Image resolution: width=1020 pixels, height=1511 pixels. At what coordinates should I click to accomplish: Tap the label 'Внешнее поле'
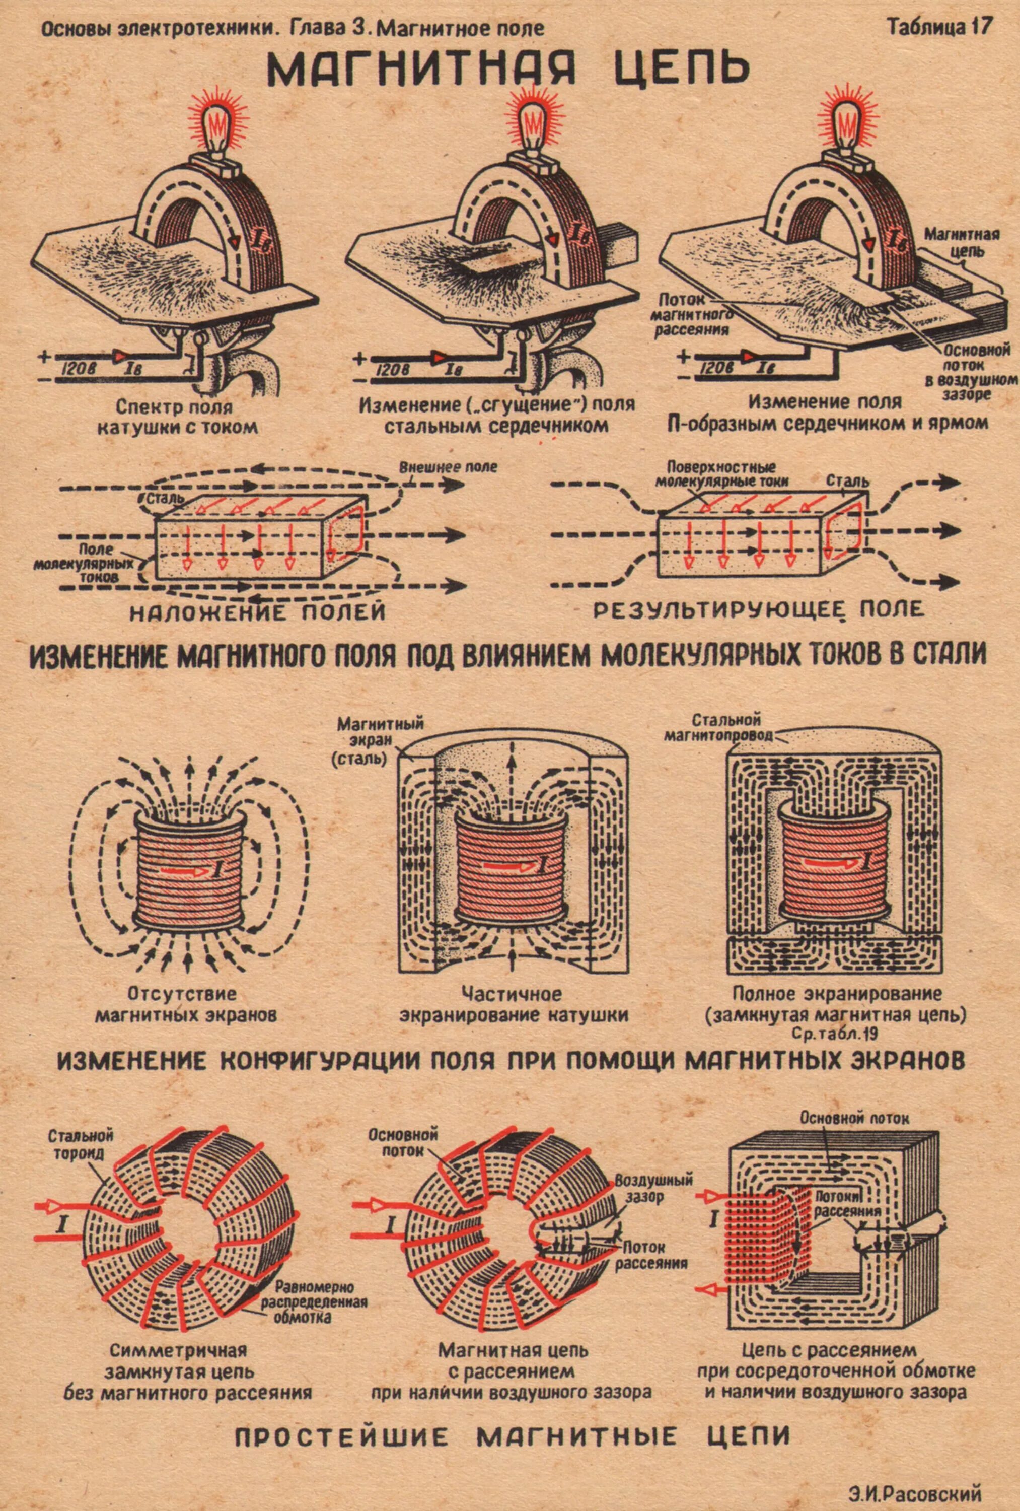tap(448, 467)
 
